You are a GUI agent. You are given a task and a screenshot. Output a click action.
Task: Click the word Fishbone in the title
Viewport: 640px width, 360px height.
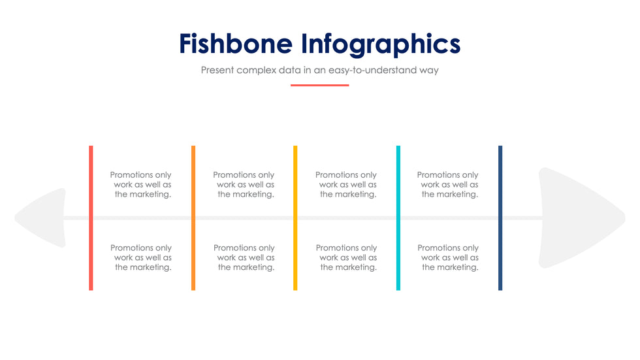point(236,44)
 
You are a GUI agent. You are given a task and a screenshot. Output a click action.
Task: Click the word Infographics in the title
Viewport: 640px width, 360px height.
point(381,44)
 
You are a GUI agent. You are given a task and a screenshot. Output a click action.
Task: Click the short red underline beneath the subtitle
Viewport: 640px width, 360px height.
point(319,86)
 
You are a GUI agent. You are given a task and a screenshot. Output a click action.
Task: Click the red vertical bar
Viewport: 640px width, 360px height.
point(91,218)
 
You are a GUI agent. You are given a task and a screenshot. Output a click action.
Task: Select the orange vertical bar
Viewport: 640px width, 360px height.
point(193,218)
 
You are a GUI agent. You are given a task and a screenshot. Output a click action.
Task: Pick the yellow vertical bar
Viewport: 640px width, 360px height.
point(295,218)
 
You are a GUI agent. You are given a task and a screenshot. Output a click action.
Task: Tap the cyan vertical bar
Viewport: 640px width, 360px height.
point(398,218)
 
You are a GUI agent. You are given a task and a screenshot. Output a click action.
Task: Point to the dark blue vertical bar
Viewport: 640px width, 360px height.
point(500,218)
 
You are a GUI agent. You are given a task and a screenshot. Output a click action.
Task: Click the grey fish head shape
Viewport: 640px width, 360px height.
point(580,218)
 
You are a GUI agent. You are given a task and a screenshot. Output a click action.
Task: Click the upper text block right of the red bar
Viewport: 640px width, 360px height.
point(141,184)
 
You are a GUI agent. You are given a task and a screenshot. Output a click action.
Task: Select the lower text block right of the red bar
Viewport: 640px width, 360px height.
point(141,257)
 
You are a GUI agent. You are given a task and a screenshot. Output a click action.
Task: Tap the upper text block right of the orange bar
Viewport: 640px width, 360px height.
point(244,184)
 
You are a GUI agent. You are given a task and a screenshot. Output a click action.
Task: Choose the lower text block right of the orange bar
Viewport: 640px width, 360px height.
point(244,257)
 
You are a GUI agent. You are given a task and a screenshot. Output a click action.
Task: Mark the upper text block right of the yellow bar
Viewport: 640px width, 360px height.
point(346,184)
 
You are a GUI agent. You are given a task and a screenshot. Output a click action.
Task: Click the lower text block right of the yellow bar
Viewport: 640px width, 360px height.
point(347,257)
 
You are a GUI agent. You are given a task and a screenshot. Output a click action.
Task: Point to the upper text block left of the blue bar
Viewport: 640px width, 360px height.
point(448,184)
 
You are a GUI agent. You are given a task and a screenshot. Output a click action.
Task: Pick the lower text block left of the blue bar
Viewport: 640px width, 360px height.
point(448,257)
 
